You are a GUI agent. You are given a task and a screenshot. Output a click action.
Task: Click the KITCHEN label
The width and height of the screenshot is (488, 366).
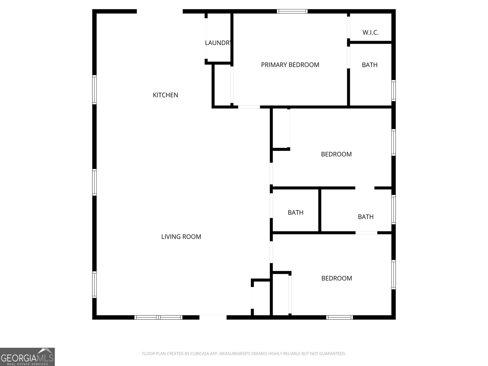pos(165,95)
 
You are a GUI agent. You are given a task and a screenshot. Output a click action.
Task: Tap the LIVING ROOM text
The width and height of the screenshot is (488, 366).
pos(181,237)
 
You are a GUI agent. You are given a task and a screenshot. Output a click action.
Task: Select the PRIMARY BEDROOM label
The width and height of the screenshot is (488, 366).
pos(290,65)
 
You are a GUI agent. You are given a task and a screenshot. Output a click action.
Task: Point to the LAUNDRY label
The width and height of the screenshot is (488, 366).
pos(218,43)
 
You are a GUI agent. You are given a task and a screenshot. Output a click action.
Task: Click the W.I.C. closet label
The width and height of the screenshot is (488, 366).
pos(371,33)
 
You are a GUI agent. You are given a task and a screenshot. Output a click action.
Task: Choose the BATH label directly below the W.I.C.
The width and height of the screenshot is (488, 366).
pos(370,65)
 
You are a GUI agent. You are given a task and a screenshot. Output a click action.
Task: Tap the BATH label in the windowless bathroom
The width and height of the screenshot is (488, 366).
pos(296,213)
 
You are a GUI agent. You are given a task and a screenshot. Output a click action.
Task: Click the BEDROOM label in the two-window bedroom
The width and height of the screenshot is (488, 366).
pos(337,278)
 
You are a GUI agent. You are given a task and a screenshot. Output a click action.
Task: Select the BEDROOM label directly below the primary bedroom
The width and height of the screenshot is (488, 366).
pos(336,154)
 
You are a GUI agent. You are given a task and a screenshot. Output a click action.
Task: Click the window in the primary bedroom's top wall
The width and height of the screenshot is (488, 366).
pos(292,12)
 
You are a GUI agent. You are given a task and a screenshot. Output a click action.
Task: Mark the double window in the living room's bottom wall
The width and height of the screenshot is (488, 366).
pos(159,317)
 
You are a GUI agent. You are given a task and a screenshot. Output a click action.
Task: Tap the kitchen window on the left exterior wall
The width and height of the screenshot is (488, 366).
pos(95,90)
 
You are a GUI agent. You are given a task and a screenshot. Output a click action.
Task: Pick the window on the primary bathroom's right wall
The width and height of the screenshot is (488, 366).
pos(393,91)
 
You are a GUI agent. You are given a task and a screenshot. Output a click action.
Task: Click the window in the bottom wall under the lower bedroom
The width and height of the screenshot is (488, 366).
pos(339,317)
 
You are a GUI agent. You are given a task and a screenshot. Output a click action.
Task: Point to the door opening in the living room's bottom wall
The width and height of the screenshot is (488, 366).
pos(213,317)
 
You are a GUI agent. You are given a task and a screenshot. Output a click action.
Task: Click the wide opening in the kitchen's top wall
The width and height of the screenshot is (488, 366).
pos(160,12)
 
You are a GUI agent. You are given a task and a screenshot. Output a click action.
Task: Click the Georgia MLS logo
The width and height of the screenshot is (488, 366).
pos(27,357)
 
